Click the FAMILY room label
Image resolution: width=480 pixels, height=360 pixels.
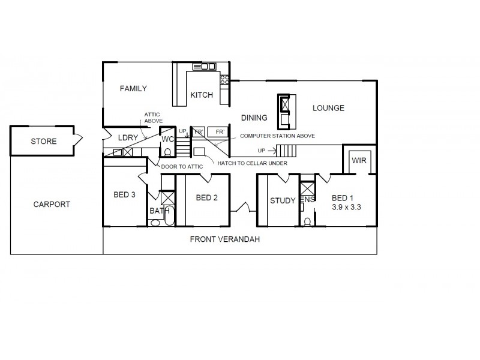coord(133,89)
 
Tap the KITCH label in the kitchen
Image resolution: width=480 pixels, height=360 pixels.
coord(202,95)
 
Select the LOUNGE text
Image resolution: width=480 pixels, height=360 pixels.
coord(328,108)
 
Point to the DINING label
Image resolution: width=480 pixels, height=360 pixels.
coord(254,118)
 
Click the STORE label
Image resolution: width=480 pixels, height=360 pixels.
coord(44,142)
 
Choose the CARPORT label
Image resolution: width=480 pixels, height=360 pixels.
coord(52,204)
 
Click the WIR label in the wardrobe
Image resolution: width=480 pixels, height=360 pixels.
coord(359,161)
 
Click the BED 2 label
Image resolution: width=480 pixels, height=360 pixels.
coord(206,198)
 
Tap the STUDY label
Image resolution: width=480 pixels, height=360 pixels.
coord(282,200)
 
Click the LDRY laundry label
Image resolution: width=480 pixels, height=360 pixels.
coord(128,138)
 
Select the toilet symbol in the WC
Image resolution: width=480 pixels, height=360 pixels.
coord(168,151)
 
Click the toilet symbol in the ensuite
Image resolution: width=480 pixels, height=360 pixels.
coord(307,221)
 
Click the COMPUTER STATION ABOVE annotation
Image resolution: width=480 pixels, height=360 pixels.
coord(277,136)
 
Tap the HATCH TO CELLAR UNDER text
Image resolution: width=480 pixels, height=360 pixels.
coord(253,163)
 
